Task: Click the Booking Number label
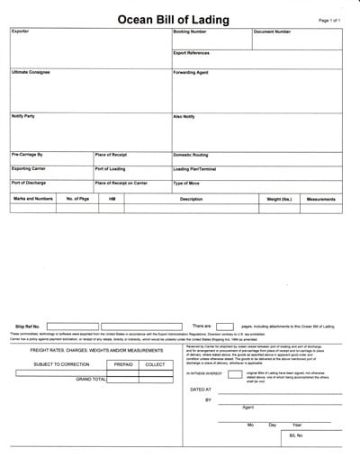point(190,31)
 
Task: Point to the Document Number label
point(272,31)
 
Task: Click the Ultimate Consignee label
point(31,72)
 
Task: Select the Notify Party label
point(23,116)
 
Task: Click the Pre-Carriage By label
point(27,155)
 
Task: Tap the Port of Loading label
point(112,168)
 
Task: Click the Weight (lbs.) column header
point(274,198)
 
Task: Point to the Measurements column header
point(320,198)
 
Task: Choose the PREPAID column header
point(123,364)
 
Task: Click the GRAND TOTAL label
point(90,379)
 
